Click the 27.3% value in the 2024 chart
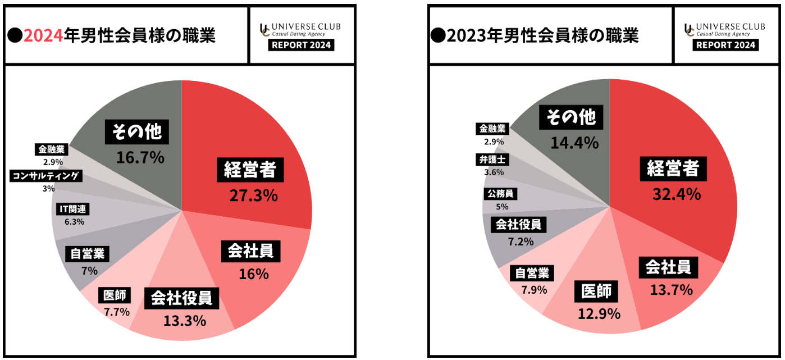[253, 195]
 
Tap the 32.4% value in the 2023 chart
[677, 194]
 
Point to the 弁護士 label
[493, 160]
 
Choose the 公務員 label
[500, 194]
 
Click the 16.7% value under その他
[140, 157]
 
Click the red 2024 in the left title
[43, 36]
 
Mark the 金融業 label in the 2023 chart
[493, 129]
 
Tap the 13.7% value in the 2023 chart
[672, 290]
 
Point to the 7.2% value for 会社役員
[518, 241]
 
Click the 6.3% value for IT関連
[74, 222]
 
